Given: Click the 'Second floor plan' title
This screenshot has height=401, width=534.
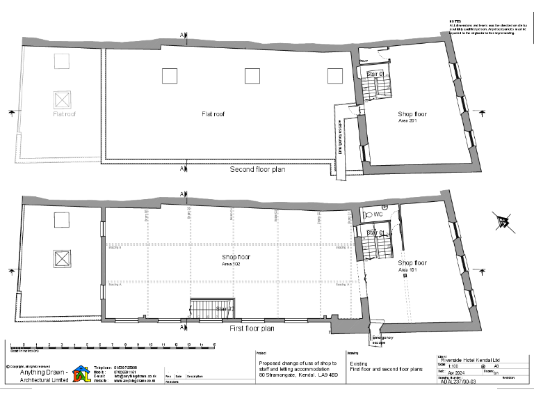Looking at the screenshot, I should point(257,169).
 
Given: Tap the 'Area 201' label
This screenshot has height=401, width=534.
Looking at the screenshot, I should point(407,120).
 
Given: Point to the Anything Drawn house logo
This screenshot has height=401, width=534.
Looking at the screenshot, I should point(82,374).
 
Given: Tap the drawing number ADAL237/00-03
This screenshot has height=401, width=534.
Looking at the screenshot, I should point(459,382).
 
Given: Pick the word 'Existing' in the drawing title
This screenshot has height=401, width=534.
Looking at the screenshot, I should point(357,363).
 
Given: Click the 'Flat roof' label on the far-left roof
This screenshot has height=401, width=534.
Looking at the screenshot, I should point(65,113).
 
